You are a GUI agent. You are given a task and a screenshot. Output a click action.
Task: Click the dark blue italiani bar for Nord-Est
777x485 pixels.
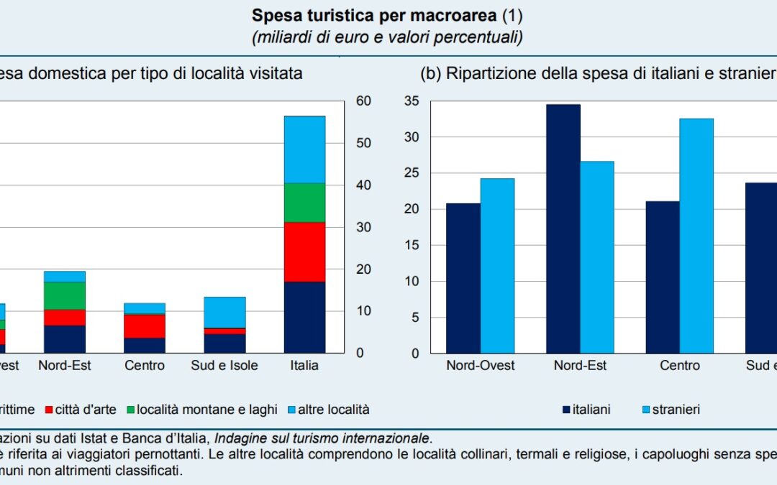[x=563, y=228]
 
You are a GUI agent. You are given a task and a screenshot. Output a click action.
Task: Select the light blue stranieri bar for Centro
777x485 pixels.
[x=696, y=236]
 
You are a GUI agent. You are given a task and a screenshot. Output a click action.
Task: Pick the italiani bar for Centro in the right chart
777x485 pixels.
[x=663, y=277]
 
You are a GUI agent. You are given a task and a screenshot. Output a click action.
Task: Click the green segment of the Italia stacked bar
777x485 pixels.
[x=304, y=203]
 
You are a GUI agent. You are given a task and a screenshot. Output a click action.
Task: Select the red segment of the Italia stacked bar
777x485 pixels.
[x=304, y=251]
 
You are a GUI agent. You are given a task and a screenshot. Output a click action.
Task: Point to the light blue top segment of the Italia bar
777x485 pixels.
[x=304, y=149]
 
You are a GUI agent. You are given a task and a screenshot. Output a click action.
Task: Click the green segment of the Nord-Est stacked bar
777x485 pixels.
[x=65, y=295]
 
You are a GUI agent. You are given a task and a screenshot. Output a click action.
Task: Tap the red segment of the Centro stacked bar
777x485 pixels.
[x=145, y=326]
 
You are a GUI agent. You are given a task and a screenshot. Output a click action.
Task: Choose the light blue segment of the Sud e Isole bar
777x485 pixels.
[x=224, y=313]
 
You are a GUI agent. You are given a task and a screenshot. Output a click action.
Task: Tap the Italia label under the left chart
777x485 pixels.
[x=304, y=365]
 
